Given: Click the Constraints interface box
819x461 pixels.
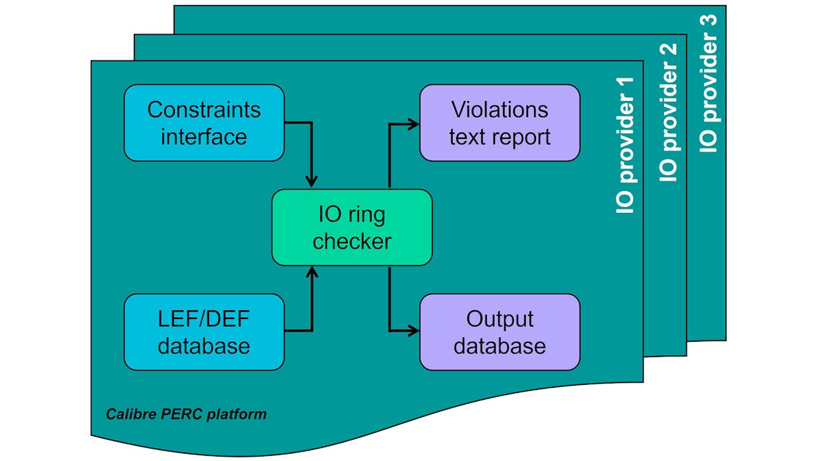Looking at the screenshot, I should pyautogui.click(x=203, y=123).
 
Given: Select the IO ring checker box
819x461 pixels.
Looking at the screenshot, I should pyautogui.click(x=352, y=228).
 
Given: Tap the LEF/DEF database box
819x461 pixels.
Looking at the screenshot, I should pyautogui.click(x=203, y=332).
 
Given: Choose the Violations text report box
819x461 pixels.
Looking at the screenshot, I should pyautogui.click(x=499, y=123).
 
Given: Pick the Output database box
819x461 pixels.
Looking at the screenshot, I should pyautogui.click(x=499, y=332).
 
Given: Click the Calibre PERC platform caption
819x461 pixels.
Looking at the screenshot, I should pyautogui.click(x=186, y=415).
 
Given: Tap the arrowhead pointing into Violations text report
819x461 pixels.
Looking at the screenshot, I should pyautogui.click(x=413, y=123).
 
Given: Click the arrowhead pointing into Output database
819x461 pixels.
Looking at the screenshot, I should pyautogui.click(x=413, y=331).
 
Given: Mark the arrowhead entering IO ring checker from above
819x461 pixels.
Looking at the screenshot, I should pyautogui.click(x=312, y=182).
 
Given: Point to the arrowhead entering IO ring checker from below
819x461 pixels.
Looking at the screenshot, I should pyautogui.click(x=312, y=272).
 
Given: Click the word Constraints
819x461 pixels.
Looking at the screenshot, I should pyautogui.click(x=203, y=110).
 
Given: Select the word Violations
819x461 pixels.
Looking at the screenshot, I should pyautogui.click(x=499, y=110).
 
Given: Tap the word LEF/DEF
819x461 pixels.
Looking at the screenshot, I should pyautogui.click(x=203, y=320).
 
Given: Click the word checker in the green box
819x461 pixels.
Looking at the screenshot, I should pyautogui.click(x=352, y=241).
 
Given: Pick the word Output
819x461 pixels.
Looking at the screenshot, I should pyautogui.click(x=499, y=320).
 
